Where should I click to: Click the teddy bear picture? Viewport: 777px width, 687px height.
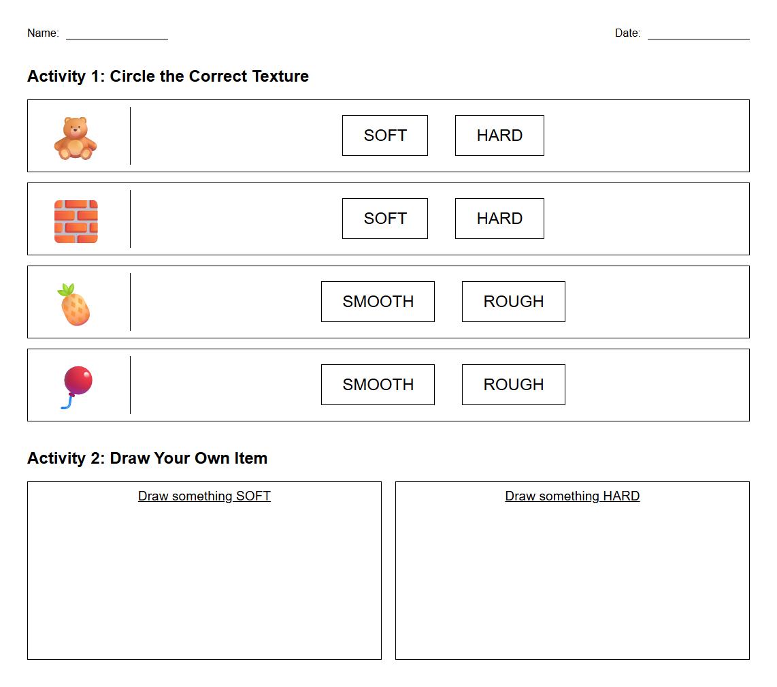76,138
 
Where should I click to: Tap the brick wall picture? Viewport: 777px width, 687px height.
76,221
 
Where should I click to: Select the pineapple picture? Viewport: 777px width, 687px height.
74,304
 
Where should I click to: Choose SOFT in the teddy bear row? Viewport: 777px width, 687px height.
385,135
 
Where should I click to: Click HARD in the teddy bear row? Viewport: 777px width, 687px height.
499,135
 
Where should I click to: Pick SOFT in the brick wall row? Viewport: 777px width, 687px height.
385,219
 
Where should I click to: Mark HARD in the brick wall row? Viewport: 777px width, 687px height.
499,219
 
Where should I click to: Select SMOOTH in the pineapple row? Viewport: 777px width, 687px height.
378,302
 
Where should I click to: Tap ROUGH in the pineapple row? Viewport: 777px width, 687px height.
514,302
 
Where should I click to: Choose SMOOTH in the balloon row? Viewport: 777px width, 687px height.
378,385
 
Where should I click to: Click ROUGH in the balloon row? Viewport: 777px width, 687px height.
514,385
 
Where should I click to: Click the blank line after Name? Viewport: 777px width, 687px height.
117,39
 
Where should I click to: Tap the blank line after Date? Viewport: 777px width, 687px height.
699,39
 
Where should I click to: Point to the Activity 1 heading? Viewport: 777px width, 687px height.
168,76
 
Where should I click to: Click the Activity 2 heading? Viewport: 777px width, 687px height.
147,458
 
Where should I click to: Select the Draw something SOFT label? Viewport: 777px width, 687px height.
204,496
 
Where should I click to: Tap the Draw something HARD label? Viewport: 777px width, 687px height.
572,496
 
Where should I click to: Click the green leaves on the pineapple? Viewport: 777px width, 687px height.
67,289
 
